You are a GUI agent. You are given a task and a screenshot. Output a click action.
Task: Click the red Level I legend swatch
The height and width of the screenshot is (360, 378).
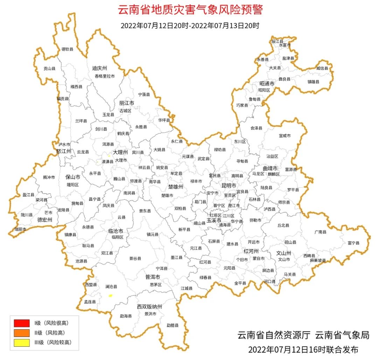(21, 323)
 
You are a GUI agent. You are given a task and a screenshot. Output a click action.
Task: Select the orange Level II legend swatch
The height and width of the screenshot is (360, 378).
(21, 333)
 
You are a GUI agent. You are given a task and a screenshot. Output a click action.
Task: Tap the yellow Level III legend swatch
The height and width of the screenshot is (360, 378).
(21, 342)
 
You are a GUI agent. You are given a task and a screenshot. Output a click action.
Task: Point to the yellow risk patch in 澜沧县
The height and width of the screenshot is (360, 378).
(111, 296)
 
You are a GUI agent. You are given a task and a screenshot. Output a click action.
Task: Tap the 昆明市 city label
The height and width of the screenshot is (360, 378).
(229, 185)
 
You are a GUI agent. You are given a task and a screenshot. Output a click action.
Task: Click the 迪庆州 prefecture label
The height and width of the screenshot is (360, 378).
(99, 68)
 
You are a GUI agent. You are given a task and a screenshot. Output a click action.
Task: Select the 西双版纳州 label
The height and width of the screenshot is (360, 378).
(149, 307)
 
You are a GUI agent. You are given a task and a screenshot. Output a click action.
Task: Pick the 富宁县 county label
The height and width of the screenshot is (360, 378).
(353, 243)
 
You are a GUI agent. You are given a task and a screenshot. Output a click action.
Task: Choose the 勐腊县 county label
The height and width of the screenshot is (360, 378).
(173, 325)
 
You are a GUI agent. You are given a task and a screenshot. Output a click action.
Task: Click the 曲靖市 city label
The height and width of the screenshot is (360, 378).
(270, 168)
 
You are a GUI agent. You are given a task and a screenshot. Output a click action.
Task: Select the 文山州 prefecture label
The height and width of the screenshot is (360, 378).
(284, 253)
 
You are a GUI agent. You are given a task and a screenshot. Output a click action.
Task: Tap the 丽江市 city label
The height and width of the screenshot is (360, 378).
(127, 103)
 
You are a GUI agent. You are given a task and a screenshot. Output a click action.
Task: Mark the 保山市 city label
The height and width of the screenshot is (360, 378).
(73, 177)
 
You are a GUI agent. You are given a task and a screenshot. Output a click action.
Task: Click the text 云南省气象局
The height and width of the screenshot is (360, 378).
(342, 335)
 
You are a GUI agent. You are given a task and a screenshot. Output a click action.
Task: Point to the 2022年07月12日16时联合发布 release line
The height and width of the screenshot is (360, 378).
(303, 349)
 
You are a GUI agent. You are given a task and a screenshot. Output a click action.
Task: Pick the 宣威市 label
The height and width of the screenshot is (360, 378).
(285, 136)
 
